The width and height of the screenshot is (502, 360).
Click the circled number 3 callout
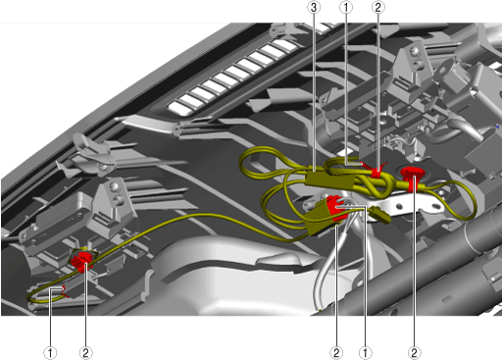point(314,7)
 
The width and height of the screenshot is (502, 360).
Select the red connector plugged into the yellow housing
point(335,207)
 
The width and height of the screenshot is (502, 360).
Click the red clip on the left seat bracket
point(81,261)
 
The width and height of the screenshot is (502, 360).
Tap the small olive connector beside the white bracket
point(379,216)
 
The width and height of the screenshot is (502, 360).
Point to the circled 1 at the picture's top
point(346,7)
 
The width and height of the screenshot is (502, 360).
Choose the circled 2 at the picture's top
point(378,7)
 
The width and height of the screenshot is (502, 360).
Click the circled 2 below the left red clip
point(85,353)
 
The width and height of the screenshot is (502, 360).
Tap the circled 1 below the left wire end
point(50,353)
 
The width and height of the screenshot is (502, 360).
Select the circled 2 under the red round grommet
point(414,353)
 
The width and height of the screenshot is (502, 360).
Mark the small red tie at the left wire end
point(65,291)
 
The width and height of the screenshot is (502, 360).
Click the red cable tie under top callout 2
point(376,171)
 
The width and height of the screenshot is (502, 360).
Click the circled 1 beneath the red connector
point(365,353)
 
